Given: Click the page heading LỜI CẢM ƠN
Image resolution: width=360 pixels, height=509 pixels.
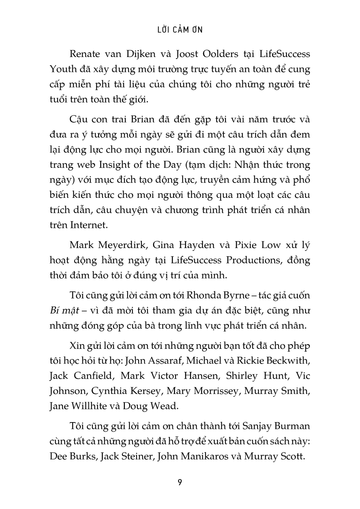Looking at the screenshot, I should (180, 30).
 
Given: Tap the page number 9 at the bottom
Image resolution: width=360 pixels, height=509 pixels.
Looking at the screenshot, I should (180, 482).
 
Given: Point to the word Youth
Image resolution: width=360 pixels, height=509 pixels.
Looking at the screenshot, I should (63, 69).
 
